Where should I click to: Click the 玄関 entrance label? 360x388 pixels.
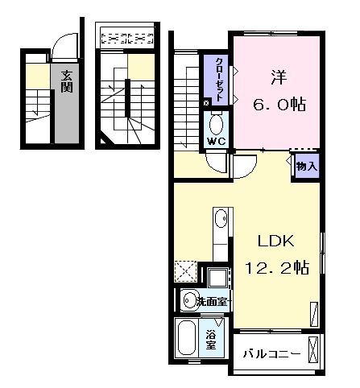[x=65, y=79]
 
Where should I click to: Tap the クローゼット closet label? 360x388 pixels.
[x=218, y=77]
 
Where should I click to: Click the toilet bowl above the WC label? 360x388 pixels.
[x=216, y=125]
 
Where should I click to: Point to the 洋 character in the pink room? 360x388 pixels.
[x=277, y=78]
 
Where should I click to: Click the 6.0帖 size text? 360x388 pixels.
[x=278, y=105]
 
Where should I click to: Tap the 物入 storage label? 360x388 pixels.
[x=305, y=167]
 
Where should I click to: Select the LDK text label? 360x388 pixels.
[x=276, y=242]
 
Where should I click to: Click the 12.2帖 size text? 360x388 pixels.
[x=276, y=268]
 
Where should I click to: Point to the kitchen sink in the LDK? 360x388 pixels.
[x=221, y=218]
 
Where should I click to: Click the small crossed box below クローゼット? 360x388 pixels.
[x=206, y=102]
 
